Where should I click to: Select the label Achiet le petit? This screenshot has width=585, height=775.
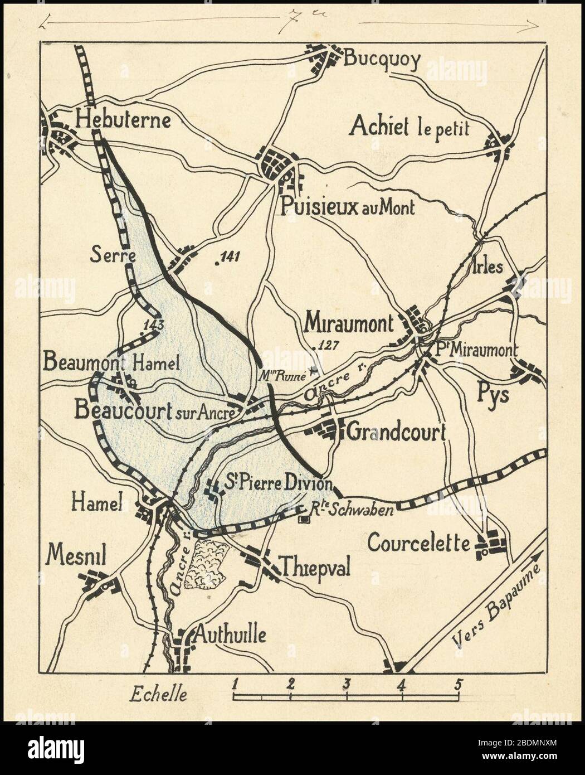coord(409,127)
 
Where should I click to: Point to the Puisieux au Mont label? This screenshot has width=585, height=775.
coord(348,207)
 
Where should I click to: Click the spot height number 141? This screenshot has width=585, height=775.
coord(228,257)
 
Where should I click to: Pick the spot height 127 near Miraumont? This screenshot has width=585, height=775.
coord(327,346)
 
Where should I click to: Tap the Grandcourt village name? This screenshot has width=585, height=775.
coord(397,432)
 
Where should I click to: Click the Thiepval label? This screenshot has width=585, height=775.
coord(316,568)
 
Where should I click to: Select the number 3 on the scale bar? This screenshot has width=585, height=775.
coord(346,684)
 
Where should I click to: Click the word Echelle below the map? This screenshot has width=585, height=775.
coord(158,694)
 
